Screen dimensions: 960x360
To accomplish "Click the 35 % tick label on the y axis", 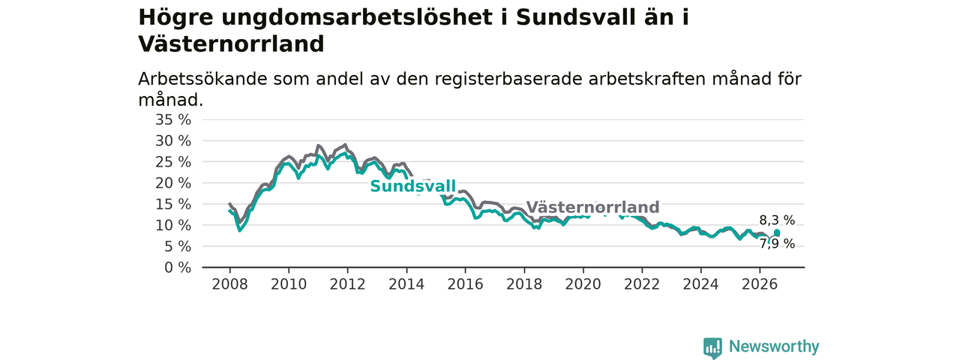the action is click(173, 120).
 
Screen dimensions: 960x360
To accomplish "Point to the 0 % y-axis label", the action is click(178, 268).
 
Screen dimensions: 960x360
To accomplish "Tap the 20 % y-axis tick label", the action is click(173, 184).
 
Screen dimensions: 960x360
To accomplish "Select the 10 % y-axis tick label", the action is click(173, 226).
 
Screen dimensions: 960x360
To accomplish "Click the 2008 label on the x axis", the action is click(229, 284).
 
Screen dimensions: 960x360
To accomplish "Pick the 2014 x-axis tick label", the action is click(406, 284).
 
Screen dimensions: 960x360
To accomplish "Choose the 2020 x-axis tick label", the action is click(583, 284).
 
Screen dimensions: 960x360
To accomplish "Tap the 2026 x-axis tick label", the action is click(760, 284).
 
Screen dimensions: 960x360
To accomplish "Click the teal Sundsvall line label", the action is click(412, 187).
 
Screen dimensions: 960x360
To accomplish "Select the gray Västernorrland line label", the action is click(592, 207).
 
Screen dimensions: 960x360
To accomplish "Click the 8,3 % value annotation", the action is click(777, 220).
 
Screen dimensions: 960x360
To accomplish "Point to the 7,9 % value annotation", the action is click(777, 244).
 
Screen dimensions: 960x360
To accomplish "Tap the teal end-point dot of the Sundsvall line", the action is click(777, 232).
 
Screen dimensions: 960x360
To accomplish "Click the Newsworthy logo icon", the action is click(712, 348).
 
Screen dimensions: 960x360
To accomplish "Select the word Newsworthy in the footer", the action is click(774, 346).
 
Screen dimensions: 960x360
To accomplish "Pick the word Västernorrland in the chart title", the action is click(231, 44).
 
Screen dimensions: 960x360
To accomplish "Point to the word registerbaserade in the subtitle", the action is click(508, 80).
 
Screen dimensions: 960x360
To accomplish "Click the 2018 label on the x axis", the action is click(524, 284).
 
